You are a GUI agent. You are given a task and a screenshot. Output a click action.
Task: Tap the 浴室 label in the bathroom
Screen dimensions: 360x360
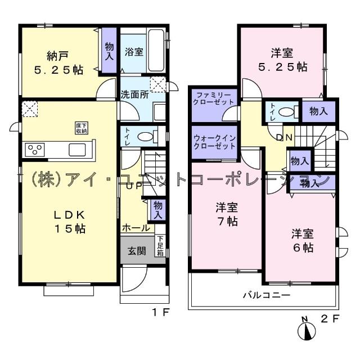point(134,52)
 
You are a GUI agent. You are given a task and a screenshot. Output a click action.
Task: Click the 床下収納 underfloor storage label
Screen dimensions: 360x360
point(82,128)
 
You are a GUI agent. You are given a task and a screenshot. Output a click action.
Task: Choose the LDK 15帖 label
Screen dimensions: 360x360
point(69,222)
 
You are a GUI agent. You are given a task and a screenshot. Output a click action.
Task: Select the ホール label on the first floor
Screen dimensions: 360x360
point(136,228)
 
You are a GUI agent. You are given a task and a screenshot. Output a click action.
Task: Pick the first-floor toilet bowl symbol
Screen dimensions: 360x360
point(146,136)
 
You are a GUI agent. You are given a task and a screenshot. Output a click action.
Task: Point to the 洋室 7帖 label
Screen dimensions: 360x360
point(226,214)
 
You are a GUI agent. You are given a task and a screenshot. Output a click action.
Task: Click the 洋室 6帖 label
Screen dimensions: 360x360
point(301,240)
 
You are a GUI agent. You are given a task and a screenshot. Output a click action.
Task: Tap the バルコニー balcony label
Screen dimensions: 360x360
point(266,295)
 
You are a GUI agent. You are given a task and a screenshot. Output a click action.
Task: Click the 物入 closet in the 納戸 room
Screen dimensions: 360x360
point(109,52)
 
